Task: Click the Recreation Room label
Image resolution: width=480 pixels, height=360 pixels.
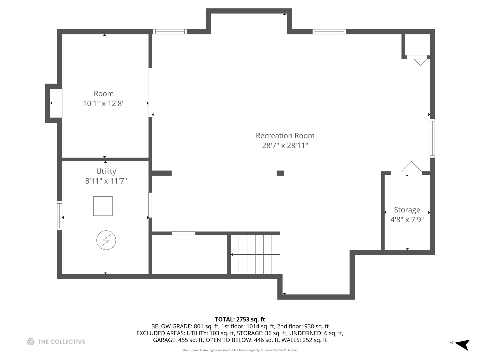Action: (x=285, y=136)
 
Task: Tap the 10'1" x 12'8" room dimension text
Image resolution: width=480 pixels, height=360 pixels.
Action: (x=104, y=103)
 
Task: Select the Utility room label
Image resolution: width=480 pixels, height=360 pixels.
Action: (x=106, y=171)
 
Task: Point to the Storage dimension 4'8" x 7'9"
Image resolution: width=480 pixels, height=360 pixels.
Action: (x=407, y=219)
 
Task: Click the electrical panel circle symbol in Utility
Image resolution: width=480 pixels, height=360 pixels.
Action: (x=106, y=240)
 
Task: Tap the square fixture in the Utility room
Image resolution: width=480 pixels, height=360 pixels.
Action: (x=103, y=206)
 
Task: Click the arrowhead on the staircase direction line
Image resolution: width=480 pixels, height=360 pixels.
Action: (x=233, y=254)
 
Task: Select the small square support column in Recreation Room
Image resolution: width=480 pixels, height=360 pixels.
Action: (x=280, y=173)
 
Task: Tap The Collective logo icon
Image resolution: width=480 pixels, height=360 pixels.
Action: (x=31, y=341)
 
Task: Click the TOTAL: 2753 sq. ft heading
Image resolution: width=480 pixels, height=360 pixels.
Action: (x=240, y=319)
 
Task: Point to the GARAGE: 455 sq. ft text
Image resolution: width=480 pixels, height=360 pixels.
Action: (x=178, y=340)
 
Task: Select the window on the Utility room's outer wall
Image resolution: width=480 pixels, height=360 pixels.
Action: (x=59, y=216)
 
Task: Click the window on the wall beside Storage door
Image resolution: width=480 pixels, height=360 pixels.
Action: (x=432, y=138)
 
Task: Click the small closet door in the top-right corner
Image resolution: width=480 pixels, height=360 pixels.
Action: (x=417, y=60)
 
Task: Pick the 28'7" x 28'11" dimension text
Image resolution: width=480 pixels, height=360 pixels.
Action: (x=285, y=145)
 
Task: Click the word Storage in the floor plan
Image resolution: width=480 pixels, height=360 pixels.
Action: (x=407, y=210)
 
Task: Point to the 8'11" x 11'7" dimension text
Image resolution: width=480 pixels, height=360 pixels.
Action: (x=106, y=181)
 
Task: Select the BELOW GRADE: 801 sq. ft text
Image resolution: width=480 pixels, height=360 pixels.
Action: (x=185, y=326)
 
